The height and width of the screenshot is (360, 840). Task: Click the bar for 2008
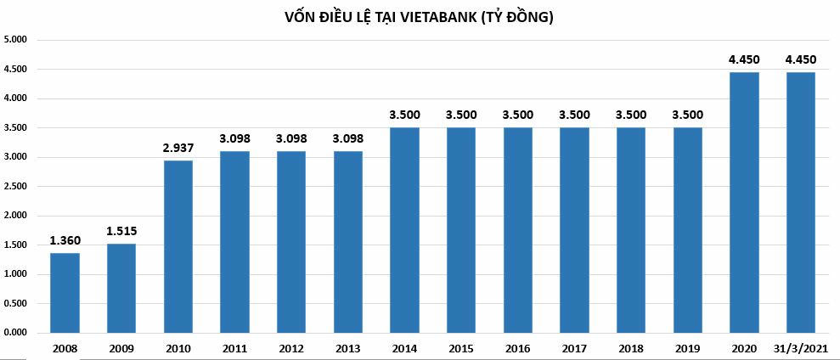65,292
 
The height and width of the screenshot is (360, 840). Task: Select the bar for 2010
178,246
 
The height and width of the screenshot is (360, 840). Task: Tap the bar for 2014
404,229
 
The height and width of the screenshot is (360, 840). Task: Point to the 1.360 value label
65,240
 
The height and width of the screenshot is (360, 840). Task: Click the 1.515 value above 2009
121,231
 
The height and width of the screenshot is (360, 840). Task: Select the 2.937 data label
178,148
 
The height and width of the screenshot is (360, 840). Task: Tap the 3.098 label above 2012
291,138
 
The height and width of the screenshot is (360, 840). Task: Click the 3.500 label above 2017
574,115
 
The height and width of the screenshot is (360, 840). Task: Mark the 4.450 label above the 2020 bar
744,59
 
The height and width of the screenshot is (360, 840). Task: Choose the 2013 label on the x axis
348,347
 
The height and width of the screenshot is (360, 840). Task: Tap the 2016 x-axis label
517,347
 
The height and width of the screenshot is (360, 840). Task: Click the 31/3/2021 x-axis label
801,347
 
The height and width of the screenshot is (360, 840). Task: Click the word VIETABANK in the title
439,17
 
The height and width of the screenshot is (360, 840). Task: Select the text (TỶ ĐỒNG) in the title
518,17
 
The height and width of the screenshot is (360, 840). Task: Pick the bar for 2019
687,229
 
